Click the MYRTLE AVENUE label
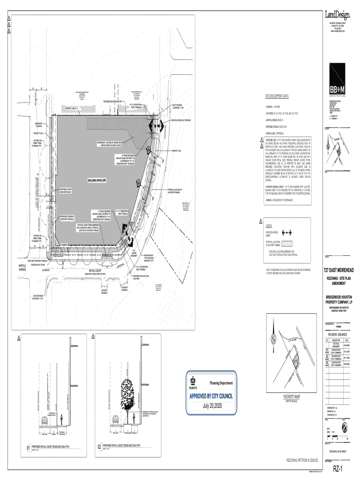tap(32, 268)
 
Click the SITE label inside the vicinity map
tap(296, 363)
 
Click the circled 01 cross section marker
tap(29, 448)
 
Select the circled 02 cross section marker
tap(99, 448)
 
